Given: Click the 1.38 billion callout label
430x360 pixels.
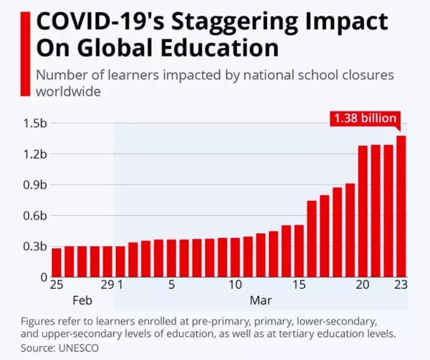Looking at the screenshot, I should coord(365,119).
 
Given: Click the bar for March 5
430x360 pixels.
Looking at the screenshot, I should coord(172,258).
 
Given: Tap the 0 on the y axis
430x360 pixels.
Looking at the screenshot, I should coord(43,277).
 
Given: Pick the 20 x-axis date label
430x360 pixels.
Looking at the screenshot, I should coord(363,286).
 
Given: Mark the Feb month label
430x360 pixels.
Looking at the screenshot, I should coord(82,300).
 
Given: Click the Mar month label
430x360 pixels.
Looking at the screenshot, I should coord(261,300).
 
